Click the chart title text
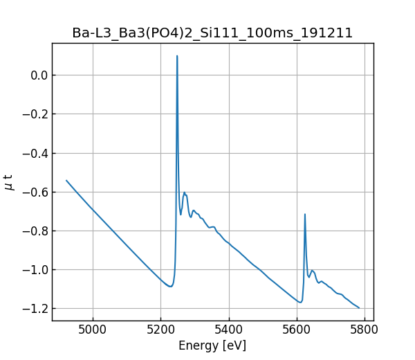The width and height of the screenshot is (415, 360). (x=212, y=33)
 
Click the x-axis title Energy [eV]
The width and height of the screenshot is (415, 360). (x=212, y=345)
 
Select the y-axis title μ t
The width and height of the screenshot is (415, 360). (x=9, y=181)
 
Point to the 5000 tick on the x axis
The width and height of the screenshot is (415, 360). (x=93, y=329)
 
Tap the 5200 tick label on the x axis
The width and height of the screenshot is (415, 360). (x=161, y=329)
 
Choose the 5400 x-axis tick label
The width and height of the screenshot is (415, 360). (x=229, y=329)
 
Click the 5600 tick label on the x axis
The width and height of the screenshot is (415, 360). (x=297, y=329)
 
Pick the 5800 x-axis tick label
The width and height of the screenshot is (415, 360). (x=365, y=329)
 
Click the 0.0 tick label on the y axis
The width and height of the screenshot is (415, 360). (x=36, y=75)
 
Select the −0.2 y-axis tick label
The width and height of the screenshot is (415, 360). (x=33, y=114)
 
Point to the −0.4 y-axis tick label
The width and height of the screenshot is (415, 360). (x=33, y=153)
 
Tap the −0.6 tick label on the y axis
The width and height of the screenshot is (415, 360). (x=33, y=192)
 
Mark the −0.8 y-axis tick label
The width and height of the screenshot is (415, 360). (x=33, y=231)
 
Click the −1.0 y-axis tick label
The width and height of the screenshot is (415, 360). (x=33, y=269)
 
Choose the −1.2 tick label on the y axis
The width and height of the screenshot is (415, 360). (x=33, y=308)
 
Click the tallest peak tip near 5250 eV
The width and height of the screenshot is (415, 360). (x=177, y=56)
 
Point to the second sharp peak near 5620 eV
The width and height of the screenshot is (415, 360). (x=305, y=214)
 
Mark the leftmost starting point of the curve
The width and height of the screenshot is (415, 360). (x=66, y=180)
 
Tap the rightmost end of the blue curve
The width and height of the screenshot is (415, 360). (x=359, y=307)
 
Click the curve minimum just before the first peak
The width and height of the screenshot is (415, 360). (x=169, y=286)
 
